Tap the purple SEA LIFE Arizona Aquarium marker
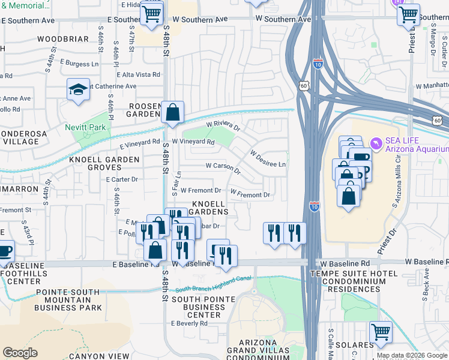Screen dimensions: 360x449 click(376, 143)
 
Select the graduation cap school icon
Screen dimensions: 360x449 click(78, 89)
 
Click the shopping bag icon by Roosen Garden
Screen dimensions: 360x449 click(172, 111)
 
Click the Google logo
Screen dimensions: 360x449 click(20, 352)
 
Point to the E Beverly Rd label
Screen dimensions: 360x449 click(191, 323)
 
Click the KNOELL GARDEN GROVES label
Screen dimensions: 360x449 click(104, 164)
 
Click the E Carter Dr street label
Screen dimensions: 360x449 click(122, 179)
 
